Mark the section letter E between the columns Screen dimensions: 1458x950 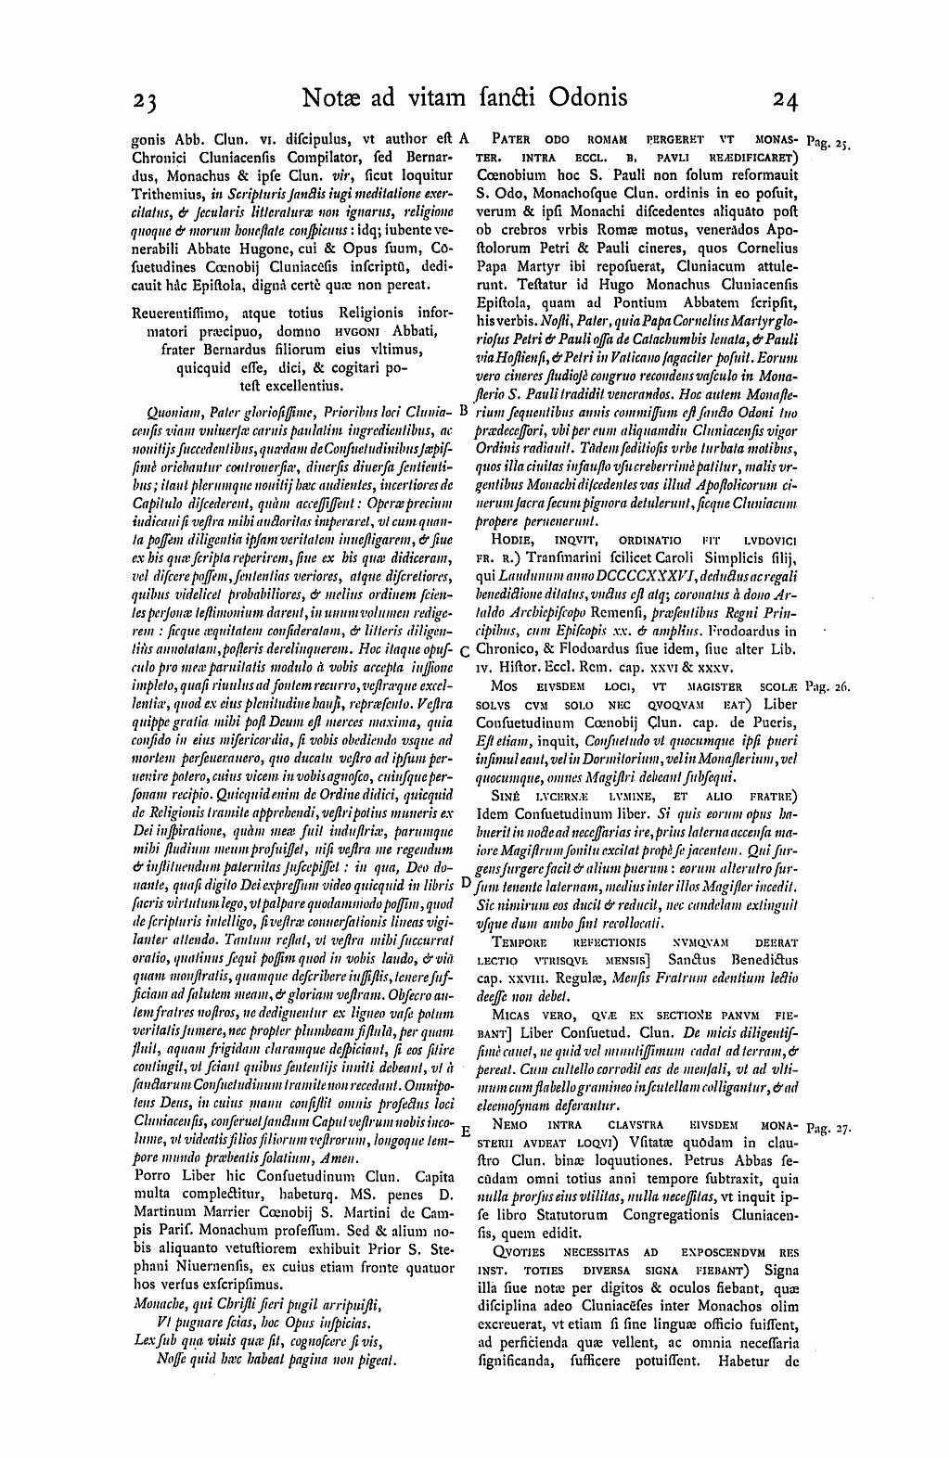[x=464, y=1131]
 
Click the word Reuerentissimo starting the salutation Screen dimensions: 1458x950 [x=185, y=313]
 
